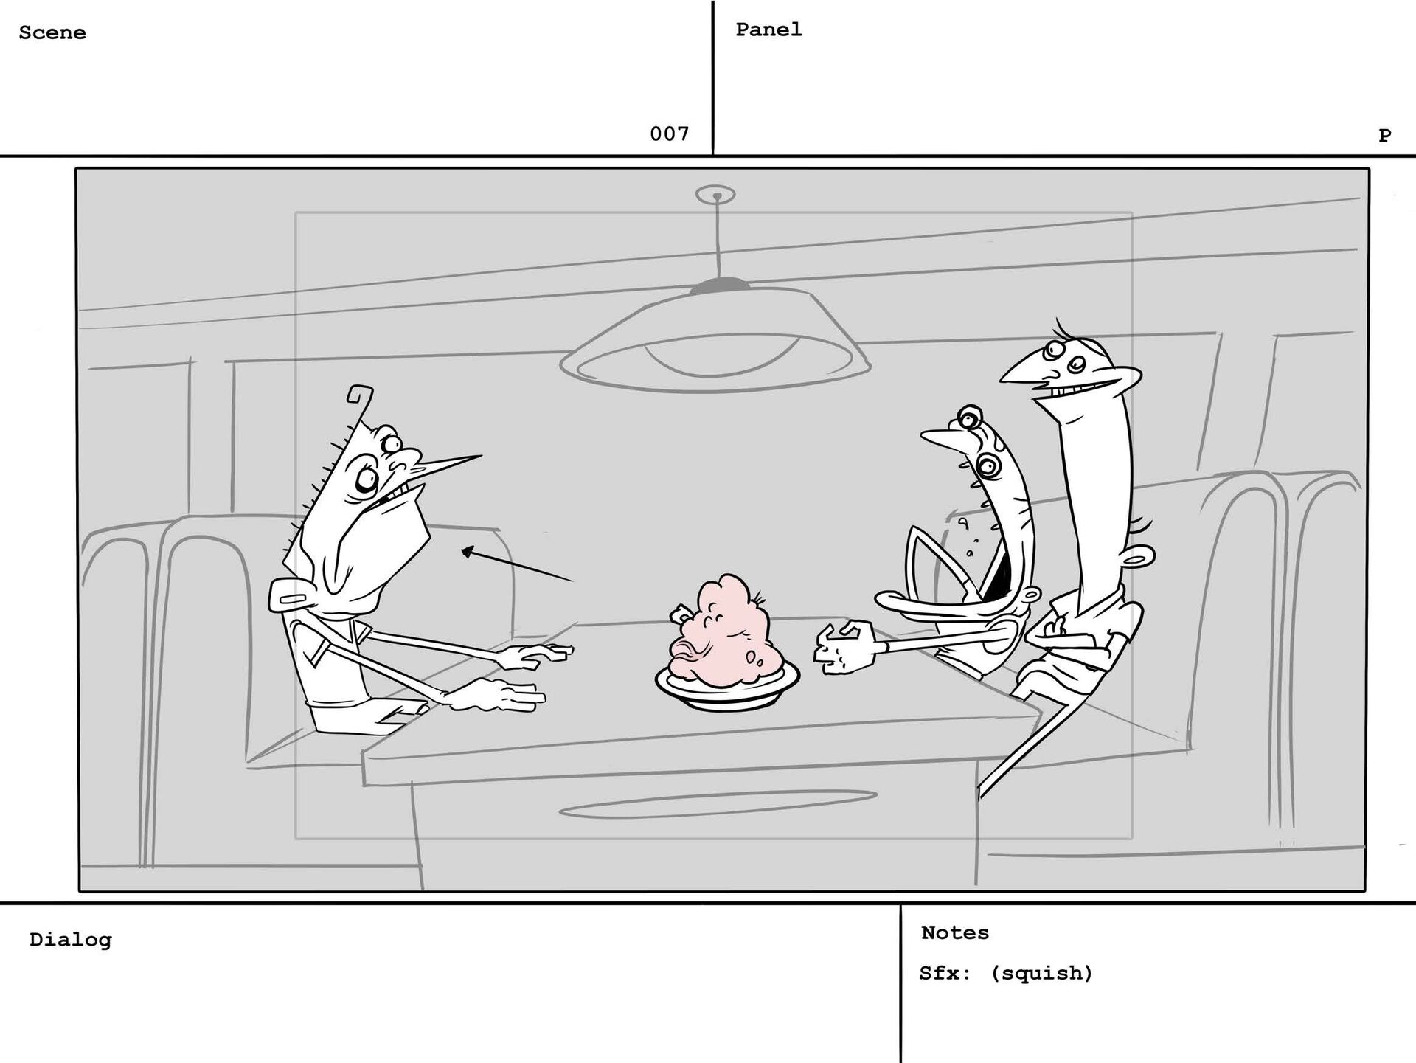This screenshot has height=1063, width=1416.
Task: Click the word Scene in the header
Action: point(52,32)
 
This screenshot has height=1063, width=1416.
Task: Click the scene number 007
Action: point(669,134)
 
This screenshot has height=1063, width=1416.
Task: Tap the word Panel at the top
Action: point(768,30)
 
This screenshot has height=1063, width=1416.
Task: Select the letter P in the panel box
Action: point(1384,135)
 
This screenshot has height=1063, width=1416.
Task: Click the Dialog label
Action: point(70,940)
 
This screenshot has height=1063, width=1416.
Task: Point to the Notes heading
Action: point(954,932)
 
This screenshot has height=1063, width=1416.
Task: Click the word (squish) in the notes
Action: point(1041,973)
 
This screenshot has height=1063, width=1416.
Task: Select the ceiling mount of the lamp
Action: point(715,195)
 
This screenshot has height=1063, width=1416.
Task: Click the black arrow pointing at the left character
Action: point(516,565)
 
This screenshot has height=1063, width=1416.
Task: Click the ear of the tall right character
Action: point(1136,557)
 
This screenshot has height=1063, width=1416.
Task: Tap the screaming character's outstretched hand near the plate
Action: point(844,647)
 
